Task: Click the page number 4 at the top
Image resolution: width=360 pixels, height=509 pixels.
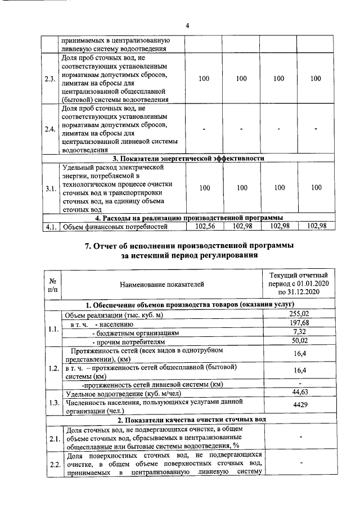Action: click(x=188, y=25)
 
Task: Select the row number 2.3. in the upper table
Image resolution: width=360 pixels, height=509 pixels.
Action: click(x=49, y=79)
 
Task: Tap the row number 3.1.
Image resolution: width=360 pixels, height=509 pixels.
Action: click(x=49, y=188)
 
